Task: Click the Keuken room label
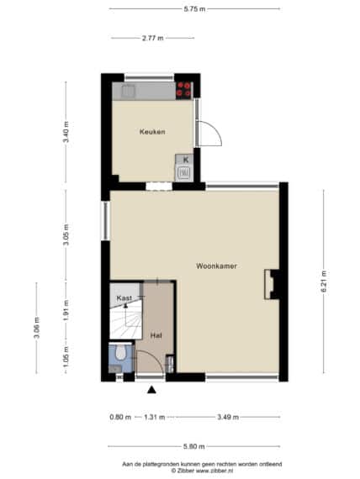[152, 132]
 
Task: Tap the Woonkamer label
[216, 266]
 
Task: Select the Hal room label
[156, 335]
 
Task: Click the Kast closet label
[124, 297]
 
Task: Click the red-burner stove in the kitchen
[183, 90]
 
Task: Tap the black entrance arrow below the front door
[151, 389]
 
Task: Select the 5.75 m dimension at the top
[194, 9]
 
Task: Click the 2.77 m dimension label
[152, 38]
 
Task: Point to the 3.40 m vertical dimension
[66, 132]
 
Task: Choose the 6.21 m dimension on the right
[324, 282]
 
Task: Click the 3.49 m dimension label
[228, 417]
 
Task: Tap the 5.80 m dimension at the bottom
[194, 446]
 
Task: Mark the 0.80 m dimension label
[120, 417]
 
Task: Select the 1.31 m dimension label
[155, 417]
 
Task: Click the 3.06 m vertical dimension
[36, 328]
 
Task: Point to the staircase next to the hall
[126, 319]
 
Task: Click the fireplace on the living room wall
[273, 284]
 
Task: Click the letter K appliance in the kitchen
[184, 168]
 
